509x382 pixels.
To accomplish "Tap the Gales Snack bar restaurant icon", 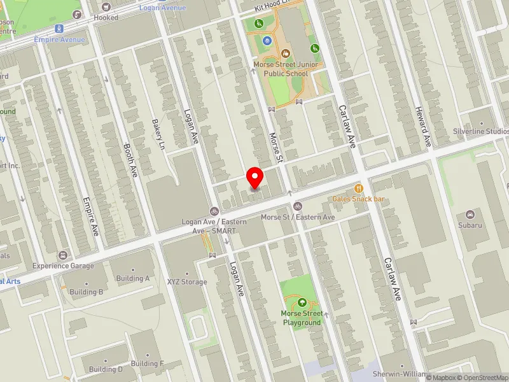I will tap(359, 188).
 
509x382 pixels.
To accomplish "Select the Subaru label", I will tap(470, 225).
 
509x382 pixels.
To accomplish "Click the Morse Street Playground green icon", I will tap(302, 302).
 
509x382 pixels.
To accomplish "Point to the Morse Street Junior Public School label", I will tap(281, 69).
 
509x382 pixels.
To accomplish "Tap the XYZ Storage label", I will tap(187, 281).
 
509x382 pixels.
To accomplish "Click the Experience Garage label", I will tap(63, 265).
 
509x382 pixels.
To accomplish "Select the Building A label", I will tap(133, 278).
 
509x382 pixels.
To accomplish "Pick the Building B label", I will tap(87, 292).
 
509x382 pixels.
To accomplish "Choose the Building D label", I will tap(106, 369).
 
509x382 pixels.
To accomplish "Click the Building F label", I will tap(148, 363).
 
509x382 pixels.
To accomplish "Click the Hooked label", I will tap(106, 18).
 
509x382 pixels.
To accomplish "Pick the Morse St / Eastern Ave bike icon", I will tap(297, 206).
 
